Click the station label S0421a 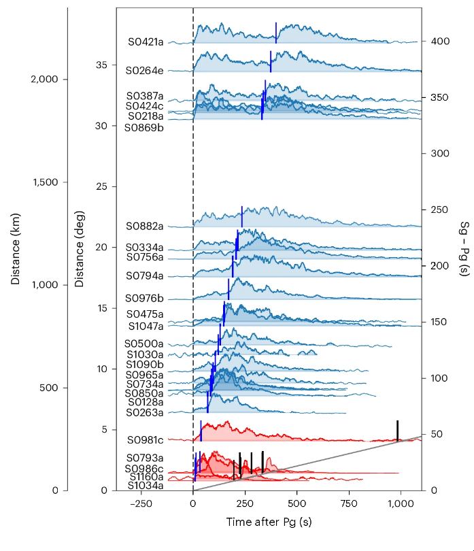[146, 41]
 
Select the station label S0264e [144, 70]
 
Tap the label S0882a [145, 226]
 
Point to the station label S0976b [145, 299]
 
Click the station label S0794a [145, 275]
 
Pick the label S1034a [145, 486]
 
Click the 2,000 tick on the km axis [49, 80]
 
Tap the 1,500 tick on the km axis [49, 182]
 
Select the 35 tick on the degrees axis [102, 65]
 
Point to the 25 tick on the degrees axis [102, 186]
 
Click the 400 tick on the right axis [440, 41]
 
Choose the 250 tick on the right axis [440, 210]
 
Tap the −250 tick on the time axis [141, 504]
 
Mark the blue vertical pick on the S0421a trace [276, 33]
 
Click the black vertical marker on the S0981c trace [398, 431]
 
